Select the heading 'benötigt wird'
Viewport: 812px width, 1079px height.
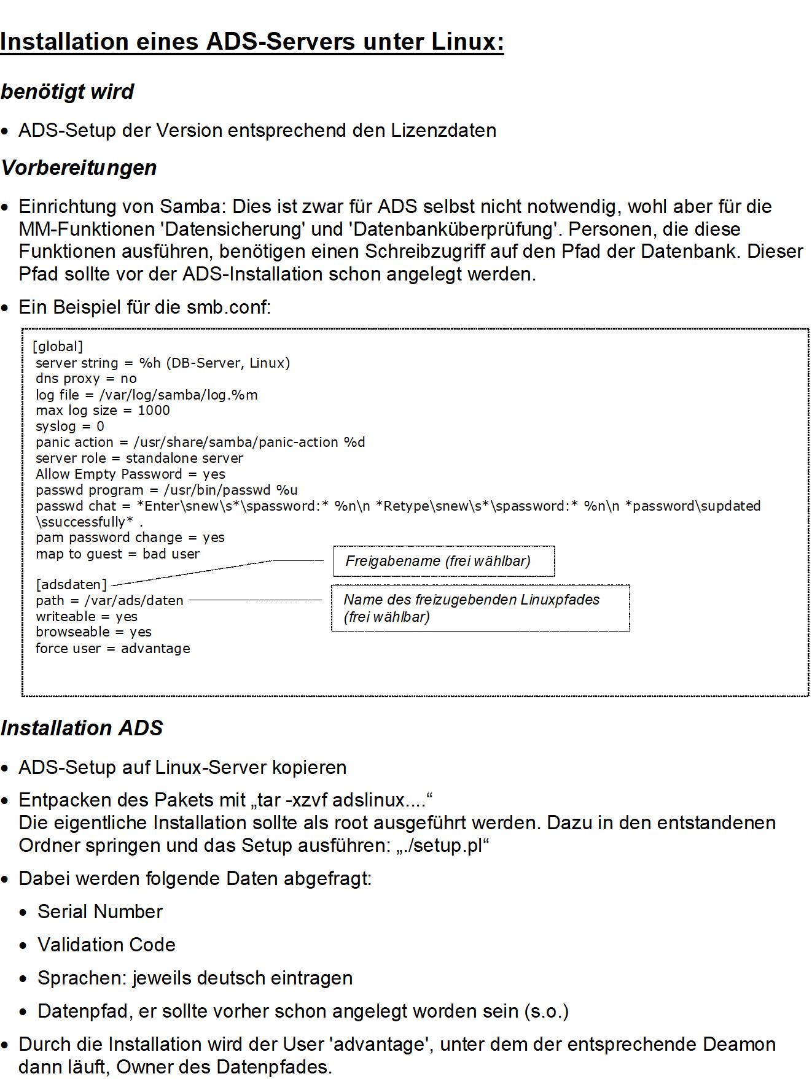(x=68, y=91)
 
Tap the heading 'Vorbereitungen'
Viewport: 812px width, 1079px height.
(x=79, y=168)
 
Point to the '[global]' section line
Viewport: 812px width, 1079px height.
(x=58, y=347)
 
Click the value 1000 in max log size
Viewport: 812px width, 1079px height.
(x=154, y=411)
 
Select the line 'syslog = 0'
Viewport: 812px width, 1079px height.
(x=70, y=427)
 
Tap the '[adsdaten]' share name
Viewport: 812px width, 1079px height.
(x=71, y=584)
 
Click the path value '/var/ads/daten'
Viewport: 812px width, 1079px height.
(x=134, y=600)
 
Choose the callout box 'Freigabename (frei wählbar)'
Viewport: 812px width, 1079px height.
(x=443, y=561)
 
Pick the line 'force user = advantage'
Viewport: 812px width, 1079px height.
(x=113, y=648)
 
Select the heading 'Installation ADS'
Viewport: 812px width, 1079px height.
(x=82, y=728)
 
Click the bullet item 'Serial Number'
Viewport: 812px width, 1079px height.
(x=100, y=911)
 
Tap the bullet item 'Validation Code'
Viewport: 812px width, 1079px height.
(x=106, y=945)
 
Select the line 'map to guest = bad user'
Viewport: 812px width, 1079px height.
(x=118, y=554)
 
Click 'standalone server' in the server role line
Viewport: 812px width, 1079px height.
(x=184, y=458)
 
